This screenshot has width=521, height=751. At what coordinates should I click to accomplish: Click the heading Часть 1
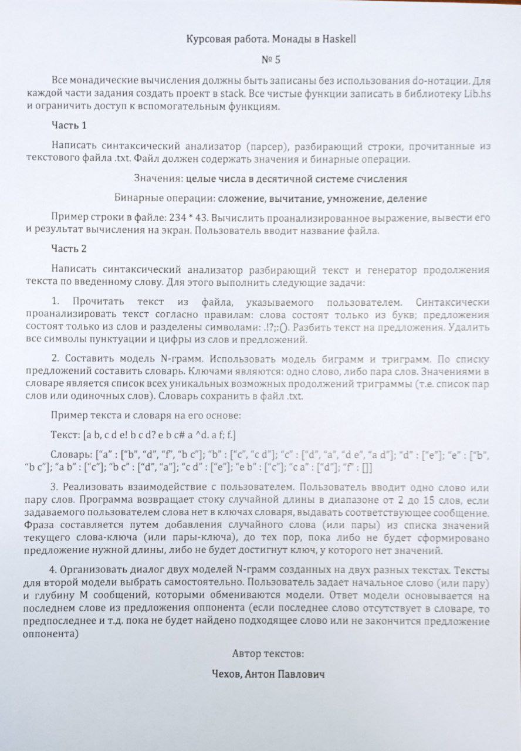[x=69, y=126]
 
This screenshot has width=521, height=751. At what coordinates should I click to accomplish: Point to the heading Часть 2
[x=69, y=249]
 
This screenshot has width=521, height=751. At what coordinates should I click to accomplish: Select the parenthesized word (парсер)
[x=269, y=146]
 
